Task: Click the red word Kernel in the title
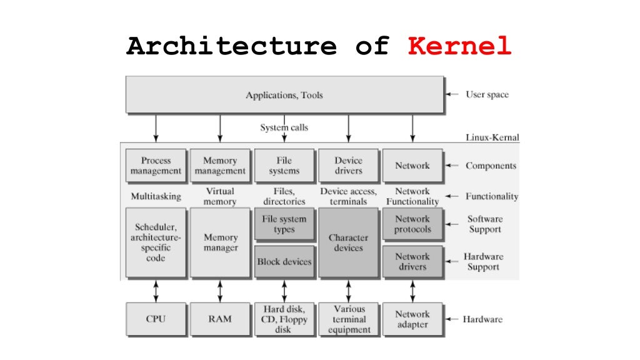(x=459, y=47)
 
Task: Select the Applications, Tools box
(x=284, y=95)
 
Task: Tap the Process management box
(x=156, y=166)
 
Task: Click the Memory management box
(x=220, y=166)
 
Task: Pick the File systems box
(x=284, y=166)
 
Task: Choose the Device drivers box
(x=348, y=166)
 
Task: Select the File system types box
(x=284, y=224)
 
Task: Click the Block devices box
(x=284, y=262)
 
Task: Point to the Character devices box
(x=348, y=243)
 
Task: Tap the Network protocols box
(x=412, y=224)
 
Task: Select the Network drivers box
(x=412, y=262)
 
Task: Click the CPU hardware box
(x=156, y=319)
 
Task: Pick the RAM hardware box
(x=220, y=319)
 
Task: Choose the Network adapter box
(x=412, y=319)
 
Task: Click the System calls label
(x=284, y=127)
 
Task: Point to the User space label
(x=487, y=95)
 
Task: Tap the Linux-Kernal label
(x=492, y=137)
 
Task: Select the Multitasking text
(x=156, y=196)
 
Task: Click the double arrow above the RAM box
(x=220, y=291)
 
